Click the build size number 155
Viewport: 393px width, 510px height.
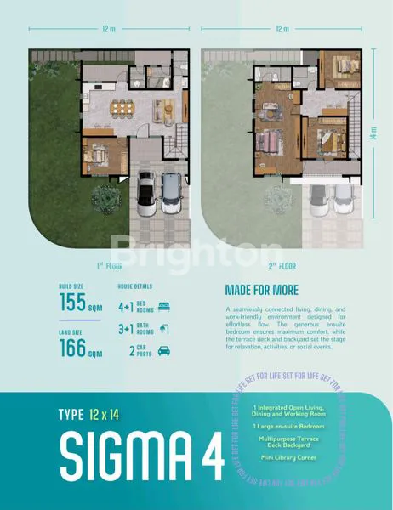point(74,303)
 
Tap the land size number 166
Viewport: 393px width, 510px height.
point(74,348)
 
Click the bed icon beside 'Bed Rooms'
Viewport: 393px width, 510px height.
point(165,304)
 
